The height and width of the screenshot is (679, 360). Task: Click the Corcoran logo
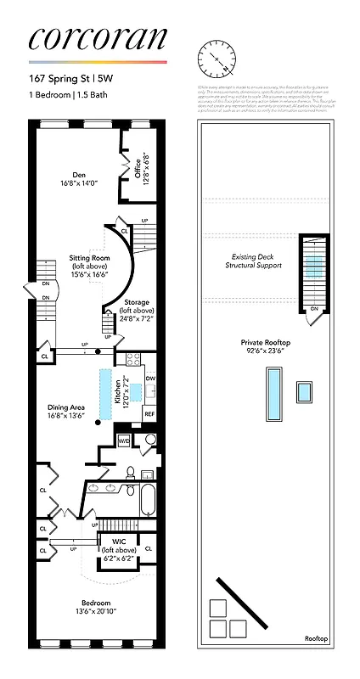tap(97, 40)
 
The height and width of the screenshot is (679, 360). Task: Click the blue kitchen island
tap(106, 394)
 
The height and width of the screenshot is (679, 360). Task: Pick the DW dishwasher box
tap(149, 379)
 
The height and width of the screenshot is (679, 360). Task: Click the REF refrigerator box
tap(149, 413)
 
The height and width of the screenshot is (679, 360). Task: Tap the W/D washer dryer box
tap(123, 440)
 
